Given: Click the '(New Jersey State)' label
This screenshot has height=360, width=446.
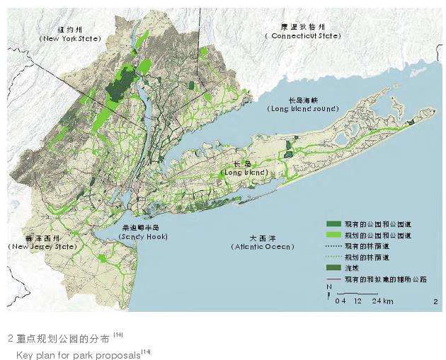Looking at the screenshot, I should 42,246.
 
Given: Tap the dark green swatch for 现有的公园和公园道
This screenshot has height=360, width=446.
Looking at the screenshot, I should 333,223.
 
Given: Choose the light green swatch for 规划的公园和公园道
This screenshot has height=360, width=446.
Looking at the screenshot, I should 333,234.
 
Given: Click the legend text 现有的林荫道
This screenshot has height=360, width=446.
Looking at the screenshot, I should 365,245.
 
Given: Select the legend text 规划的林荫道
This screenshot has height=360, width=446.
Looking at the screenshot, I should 365,256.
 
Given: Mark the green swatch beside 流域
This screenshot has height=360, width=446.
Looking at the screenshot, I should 333,267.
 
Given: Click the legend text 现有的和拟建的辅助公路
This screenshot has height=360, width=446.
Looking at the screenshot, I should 385,279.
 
